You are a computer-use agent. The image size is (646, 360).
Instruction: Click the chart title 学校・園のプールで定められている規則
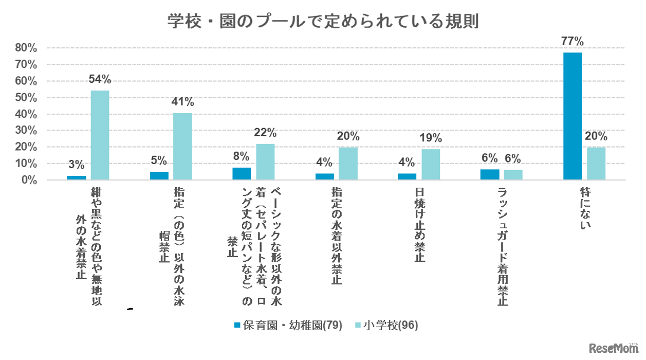click(x=323, y=21)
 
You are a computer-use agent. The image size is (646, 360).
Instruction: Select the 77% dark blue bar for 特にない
click(x=573, y=116)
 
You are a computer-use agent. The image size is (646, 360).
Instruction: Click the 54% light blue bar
click(x=100, y=135)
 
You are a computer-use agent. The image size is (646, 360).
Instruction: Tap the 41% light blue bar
click(x=182, y=147)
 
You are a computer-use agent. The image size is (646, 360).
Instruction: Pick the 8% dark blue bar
click(x=242, y=174)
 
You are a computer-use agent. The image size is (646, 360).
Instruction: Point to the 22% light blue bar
click(x=265, y=162)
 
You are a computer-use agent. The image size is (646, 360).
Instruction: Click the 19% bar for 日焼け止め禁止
click(x=431, y=165)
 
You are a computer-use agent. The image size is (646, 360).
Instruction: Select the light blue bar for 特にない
click(x=596, y=164)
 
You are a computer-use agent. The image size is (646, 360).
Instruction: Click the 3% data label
click(x=76, y=165)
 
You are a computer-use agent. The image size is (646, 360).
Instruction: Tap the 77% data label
click(x=573, y=42)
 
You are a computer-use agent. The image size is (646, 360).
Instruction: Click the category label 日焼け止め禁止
click(x=419, y=225)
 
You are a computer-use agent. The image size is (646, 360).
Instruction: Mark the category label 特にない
click(x=584, y=209)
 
